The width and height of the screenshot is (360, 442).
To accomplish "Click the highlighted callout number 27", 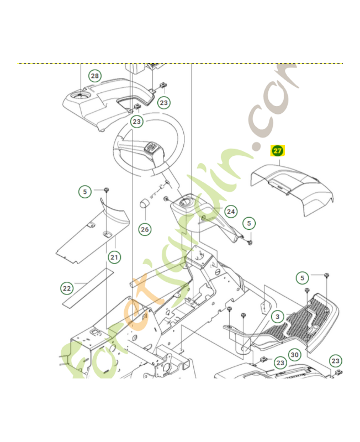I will click(277, 150).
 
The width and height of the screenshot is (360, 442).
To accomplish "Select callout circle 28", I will click(95, 76).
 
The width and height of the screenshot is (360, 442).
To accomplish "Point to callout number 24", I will click(231, 212).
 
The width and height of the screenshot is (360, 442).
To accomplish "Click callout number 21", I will click(114, 256).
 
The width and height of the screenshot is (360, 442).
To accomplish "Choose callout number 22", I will click(67, 288).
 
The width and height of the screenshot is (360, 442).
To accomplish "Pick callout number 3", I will click(278, 317).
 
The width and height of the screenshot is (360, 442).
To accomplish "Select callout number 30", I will click(295, 355).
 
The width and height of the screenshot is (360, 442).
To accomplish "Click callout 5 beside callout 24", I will click(250, 223).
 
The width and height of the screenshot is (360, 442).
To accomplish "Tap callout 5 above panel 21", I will click(84, 192).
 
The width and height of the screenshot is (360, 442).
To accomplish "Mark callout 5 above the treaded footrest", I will click(301, 277).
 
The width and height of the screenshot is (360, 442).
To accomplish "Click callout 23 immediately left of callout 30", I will click(280, 362).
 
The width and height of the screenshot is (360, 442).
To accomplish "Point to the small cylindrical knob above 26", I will click(145, 203).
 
